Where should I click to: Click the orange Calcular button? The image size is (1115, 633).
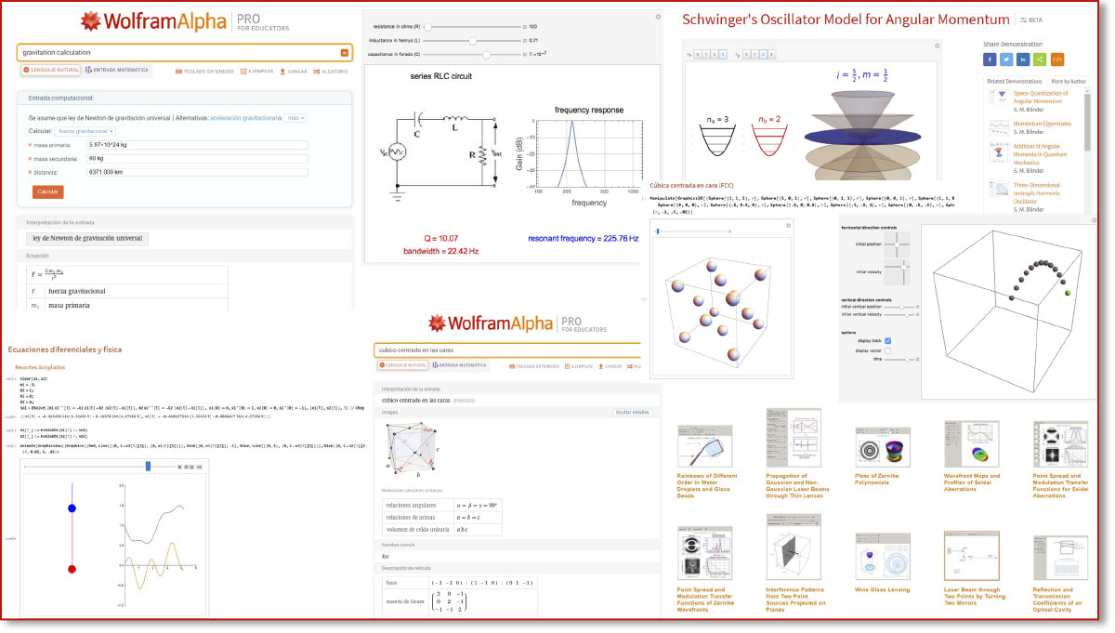click(x=47, y=191)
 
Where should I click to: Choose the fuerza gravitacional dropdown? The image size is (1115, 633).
click(x=85, y=132)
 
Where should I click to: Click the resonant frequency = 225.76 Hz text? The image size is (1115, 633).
click(x=583, y=239)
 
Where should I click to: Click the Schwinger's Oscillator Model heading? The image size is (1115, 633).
click(x=846, y=20)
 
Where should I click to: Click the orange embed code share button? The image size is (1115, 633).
click(x=1056, y=59)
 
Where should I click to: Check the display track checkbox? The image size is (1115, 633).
click(x=887, y=340)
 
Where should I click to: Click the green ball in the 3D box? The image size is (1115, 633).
click(x=1067, y=294)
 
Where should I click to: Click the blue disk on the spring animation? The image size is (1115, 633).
click(x=72, y=508)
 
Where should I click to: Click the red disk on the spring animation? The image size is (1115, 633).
click(x=72, y=568)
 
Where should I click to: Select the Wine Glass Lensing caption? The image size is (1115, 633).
click(x=882, y=589)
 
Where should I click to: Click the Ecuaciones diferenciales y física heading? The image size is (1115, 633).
click(x=64, y=349)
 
